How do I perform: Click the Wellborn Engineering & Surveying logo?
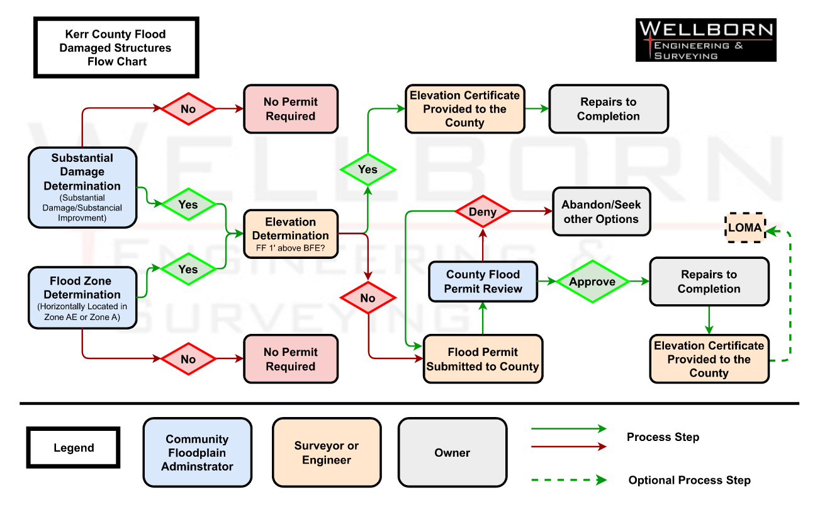(705, 40)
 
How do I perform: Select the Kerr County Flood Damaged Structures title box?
(116, 48)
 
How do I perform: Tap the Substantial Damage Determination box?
(82, 187)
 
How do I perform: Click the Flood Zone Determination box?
(82, 298)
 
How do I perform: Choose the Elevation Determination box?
(291, 234)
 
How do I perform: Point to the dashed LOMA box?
(745, 227)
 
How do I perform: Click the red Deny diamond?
(483, 212)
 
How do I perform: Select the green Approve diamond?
(592, 282)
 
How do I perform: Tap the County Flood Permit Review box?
(483, 282)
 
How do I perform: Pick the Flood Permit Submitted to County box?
(483, 359)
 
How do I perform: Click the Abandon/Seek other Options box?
(600, 212)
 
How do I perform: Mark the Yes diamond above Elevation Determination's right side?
(368, 169)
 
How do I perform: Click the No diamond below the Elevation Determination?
(368, 298)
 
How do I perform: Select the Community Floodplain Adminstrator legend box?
(197, 453)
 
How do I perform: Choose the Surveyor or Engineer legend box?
(327, 453)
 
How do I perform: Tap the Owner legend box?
(452, 453)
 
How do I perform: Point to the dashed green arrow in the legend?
(569, 480)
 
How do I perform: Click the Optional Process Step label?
(689, 480)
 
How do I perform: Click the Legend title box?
(74, 449)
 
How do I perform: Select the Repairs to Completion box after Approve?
(709, 282)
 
